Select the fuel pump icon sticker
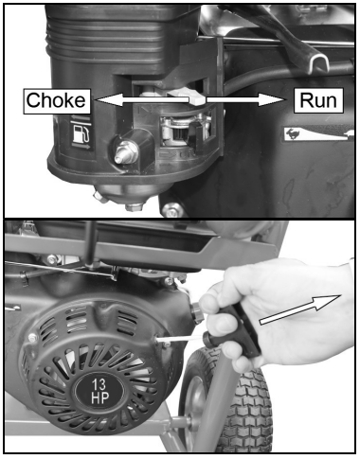[x=80, y=133]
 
